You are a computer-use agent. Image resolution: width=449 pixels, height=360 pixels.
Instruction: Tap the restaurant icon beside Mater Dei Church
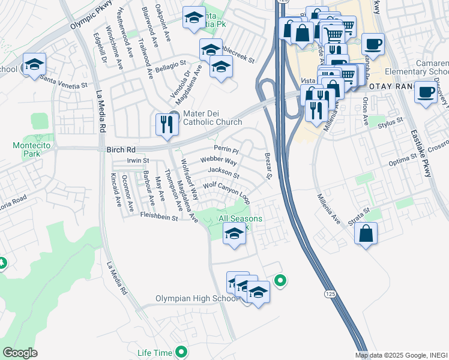(x=165, y=124)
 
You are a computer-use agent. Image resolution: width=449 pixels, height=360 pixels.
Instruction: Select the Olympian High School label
(x=197, y=298)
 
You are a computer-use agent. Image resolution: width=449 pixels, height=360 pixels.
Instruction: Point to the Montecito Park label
(x=26, y=149)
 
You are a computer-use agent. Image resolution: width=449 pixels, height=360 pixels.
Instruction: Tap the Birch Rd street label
(x=122, y=149)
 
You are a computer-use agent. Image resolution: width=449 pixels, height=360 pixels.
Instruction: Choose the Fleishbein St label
(x=158, y=215)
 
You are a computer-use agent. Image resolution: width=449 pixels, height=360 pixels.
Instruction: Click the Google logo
(x=20, y=352)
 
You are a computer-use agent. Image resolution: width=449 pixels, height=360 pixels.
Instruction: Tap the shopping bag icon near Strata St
(x=366, y=233)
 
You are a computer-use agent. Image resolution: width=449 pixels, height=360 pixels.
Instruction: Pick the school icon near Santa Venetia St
(x=34, y=64)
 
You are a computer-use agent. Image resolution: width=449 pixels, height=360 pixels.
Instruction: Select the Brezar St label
(x=268, y=165)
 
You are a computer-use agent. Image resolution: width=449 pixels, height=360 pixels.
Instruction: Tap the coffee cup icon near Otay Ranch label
(x=426, y=92)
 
